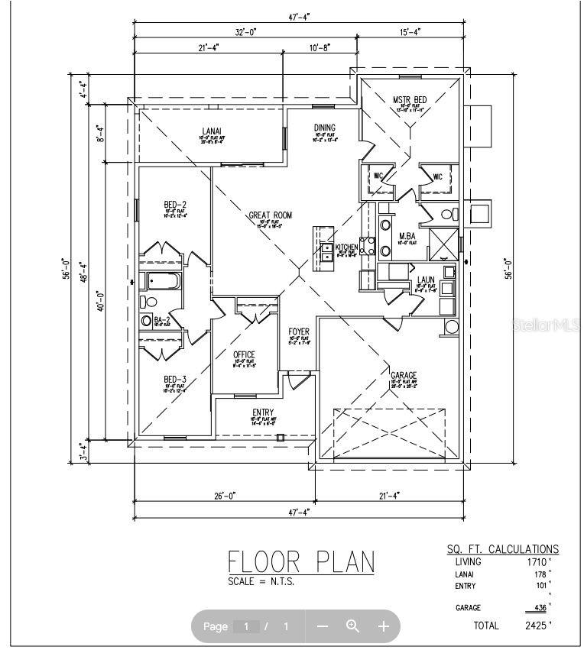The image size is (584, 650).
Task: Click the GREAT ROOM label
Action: (x=270, y=215)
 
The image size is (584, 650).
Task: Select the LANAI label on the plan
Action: (x=211, y=130)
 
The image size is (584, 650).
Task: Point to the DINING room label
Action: (x=325, y=128)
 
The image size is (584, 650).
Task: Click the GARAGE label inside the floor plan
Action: (x=404, y=375)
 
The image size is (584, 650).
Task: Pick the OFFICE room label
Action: (x=244, y=355)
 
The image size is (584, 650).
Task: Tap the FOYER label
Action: (x=299, y=331)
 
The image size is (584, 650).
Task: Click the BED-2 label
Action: (x=175, y=205)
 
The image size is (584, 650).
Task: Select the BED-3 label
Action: (x=174, y=380)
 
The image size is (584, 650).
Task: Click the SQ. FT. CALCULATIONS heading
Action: (x=502, y=548)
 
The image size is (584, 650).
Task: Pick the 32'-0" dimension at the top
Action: (x=245, y=32)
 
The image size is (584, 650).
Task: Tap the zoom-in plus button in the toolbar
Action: (x=384, y=626)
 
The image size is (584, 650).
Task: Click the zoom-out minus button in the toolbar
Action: (x=323, y=626)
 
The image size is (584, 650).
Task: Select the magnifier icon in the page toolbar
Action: (x=353, y=626)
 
